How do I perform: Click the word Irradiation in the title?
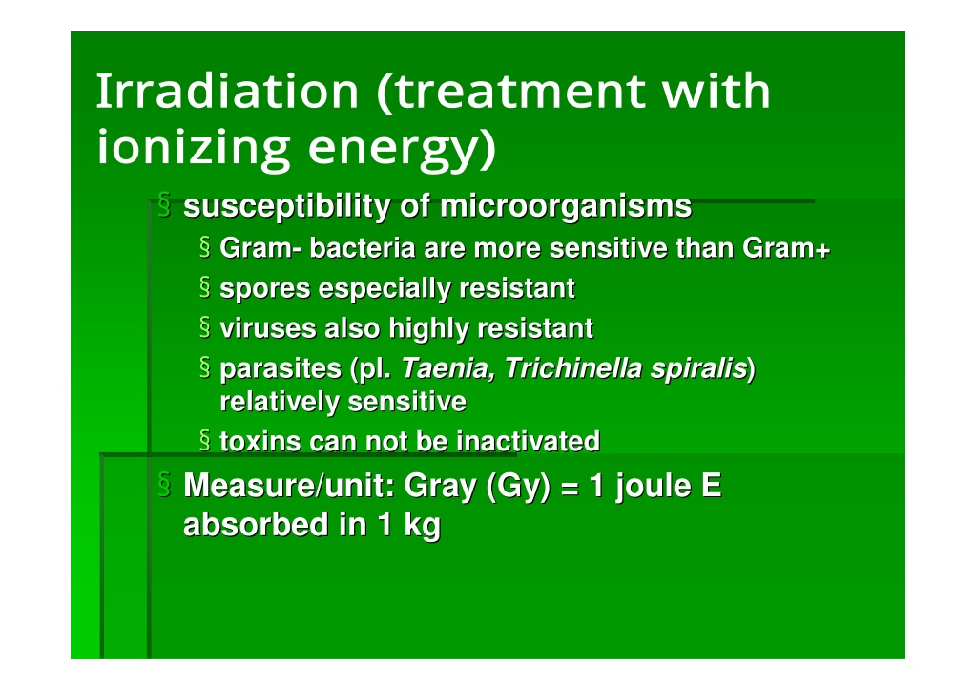(227, 91)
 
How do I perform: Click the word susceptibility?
(286, 207)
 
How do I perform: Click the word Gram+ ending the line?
(786, 248)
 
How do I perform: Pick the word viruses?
(267, 328)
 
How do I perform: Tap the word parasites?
(281, 369)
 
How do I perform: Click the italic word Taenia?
(448, 368)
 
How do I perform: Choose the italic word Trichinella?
(572, 368)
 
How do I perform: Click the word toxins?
(260, 441)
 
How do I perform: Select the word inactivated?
(528, 441)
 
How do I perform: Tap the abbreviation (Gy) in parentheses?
(518, 487)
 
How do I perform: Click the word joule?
(654, 486)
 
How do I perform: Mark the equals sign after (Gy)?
(571, 488)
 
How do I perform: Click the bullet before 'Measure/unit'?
(164, 484)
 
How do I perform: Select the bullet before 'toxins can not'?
(205, 439)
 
